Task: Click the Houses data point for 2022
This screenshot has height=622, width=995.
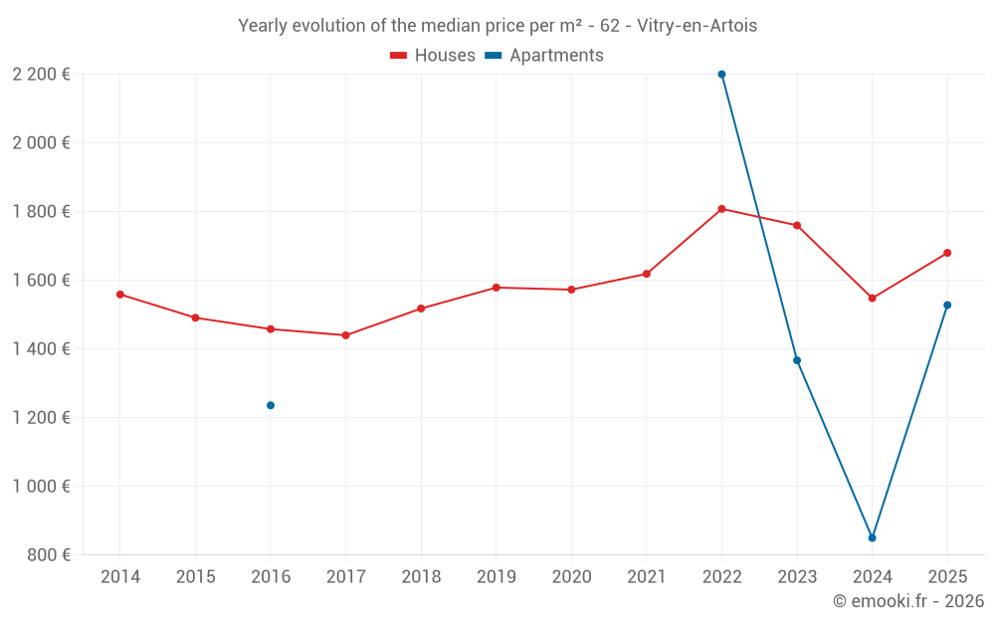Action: (x=721, y=209)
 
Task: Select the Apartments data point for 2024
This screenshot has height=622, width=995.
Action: (x=872, y=537)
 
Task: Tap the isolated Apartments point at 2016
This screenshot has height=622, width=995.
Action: (x=271, y=405)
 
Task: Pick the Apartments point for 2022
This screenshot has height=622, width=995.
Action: (x=721, y=75)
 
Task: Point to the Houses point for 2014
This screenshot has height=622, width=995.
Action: (x=120, y=295)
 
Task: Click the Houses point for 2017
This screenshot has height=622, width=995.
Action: (x=345, y=335)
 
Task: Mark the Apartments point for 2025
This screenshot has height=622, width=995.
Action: (x=947, y=306)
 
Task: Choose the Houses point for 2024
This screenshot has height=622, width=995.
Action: (x=872, y=299)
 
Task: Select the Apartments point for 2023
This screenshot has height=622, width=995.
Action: (x=797, y=360)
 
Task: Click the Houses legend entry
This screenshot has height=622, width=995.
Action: (x=433, y=56)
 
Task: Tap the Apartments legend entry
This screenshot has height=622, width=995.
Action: (x=544, y=56)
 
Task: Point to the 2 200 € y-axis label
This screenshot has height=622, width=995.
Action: (x=42, y=75)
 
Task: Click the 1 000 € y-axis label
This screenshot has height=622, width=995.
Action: (x=42, y=487)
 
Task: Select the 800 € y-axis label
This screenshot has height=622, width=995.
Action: (x=48, y=555)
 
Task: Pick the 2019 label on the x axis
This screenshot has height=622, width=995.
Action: (x=496, y=577)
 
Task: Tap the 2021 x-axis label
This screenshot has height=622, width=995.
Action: (x=646, y=577)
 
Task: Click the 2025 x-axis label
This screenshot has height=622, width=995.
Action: (x=947, y=577)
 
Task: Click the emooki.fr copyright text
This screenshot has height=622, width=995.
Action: (x=908, y=601)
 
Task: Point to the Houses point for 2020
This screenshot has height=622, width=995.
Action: (x=571, y=290)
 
